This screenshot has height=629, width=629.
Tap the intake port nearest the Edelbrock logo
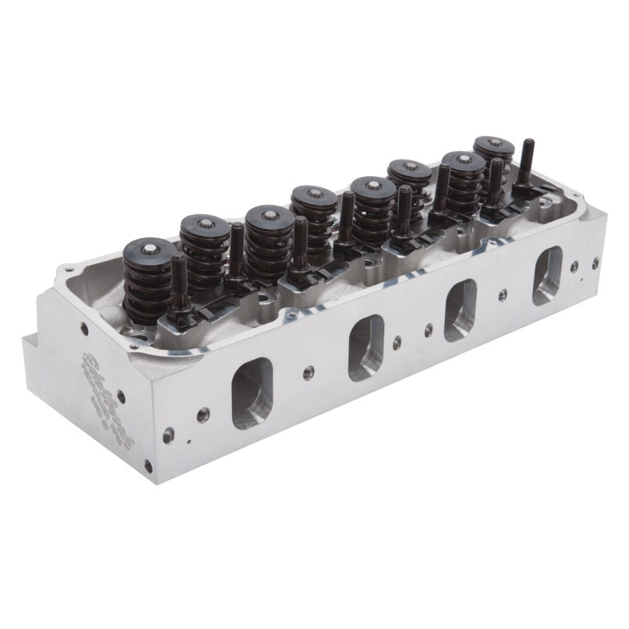click(252, 392)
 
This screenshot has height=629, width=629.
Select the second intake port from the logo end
click(366, 347)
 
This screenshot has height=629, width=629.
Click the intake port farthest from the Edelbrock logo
click(547, 276)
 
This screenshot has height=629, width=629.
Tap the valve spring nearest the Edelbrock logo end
click(149, 279)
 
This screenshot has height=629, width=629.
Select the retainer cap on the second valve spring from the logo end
click(204, 224)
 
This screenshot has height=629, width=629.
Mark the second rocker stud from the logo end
click(237, 252)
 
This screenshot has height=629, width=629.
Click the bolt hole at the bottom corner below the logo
click(147, 465)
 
